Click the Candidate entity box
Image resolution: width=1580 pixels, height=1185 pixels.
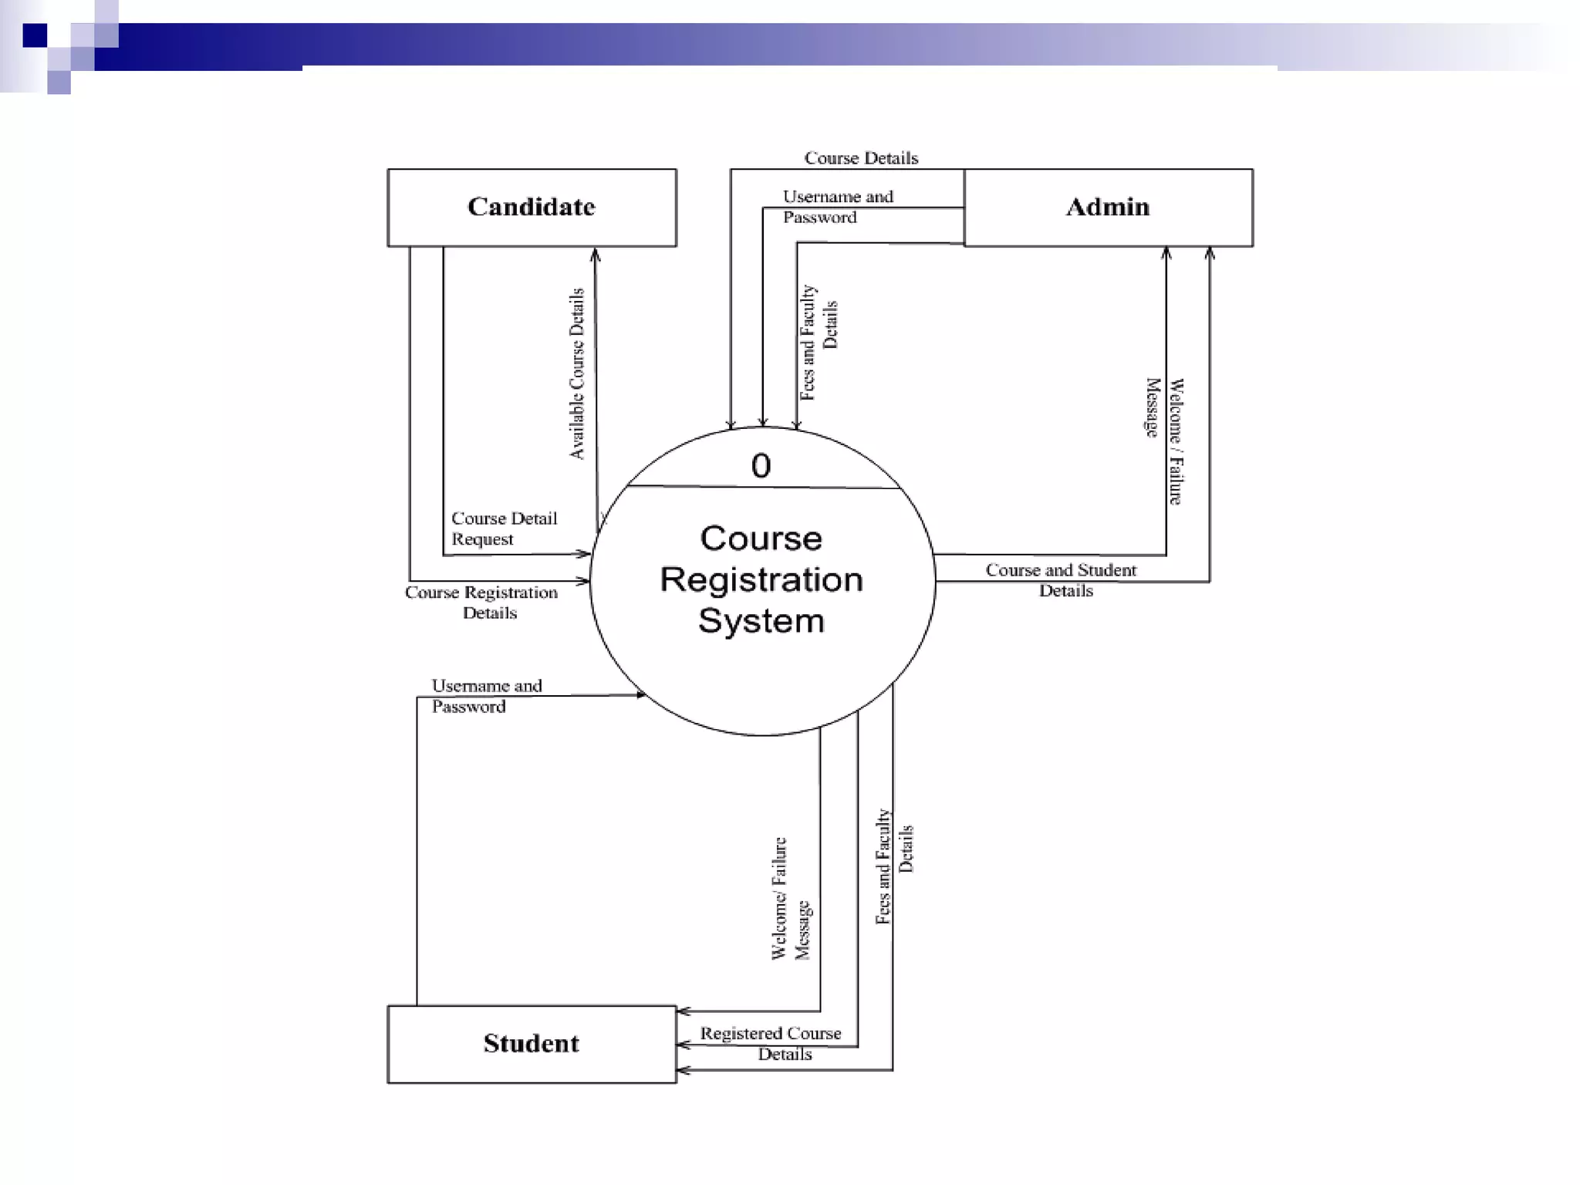coord(532,208)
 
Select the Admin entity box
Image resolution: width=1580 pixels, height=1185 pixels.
coord(1108,208)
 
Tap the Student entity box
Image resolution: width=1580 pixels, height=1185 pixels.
coord(532,1044)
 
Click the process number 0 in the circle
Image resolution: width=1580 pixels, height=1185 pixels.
coord(761,466)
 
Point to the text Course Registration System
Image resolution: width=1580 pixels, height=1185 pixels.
coord(761,579)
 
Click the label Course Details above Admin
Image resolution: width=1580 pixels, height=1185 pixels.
coord(861,158)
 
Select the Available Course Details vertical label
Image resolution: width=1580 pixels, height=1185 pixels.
coord(577,374)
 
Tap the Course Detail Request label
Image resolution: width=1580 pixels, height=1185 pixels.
coord(504,528)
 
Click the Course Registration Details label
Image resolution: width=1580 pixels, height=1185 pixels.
coord(482,603)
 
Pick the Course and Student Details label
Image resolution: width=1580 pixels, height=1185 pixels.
coord(1062,580)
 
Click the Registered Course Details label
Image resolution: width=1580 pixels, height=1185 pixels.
coord(771,1043)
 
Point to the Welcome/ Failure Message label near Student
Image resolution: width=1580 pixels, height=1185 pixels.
coord(791,899)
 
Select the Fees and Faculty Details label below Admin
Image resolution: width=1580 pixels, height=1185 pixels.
coord(819,341)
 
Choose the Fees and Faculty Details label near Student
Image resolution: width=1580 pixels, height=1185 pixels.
coord(894,866)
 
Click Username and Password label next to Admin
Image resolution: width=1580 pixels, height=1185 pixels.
coord(837,207)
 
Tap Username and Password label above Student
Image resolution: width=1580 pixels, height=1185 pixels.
coord(486,696)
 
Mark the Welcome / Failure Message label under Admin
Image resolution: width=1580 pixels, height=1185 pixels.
coord(1164,441)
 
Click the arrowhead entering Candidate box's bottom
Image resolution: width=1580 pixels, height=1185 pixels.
coord(595,255)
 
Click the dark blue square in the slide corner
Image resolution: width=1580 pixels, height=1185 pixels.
coord(35,35)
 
